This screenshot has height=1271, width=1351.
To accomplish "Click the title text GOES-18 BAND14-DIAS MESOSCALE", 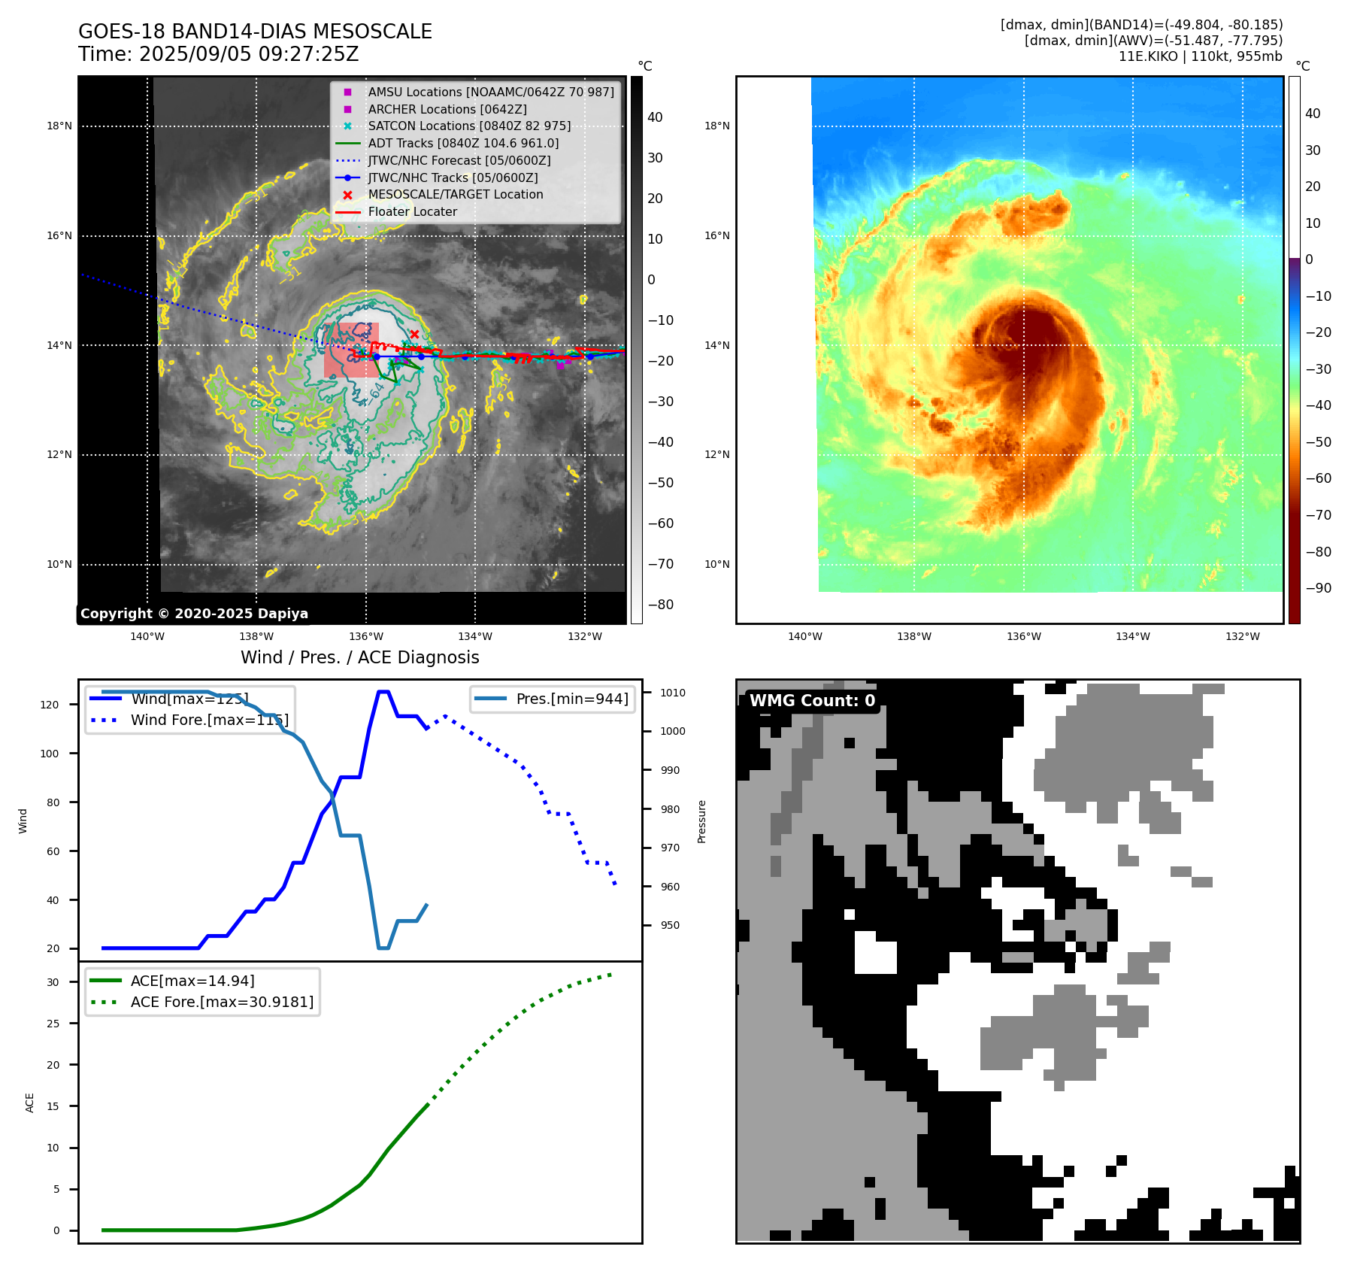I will [x=255, y=32].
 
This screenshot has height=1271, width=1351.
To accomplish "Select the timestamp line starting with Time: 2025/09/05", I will [x=218, y=54].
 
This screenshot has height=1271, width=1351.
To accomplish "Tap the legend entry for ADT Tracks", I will [x=462, y=143].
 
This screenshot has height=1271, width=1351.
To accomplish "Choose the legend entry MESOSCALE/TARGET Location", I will [x=455, y=194].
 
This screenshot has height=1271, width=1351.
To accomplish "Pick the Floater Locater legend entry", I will [x=412, y=211].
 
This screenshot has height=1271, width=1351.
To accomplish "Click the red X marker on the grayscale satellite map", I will [x=414, y=334].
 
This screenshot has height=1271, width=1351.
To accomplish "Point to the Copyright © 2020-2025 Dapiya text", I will [x=194, y=614].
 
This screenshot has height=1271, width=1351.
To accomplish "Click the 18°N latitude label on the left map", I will [x=59, y=126].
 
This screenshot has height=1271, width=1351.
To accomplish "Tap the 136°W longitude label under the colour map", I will [x=1023, y=636].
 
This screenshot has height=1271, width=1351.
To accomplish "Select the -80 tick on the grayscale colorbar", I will [x=661, y=605].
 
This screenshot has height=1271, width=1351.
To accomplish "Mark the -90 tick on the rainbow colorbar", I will [x=1318, y=588].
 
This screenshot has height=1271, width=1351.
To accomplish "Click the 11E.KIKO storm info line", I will [x=1200, y=56].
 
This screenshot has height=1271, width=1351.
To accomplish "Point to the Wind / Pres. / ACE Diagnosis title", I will [x=359, y=657].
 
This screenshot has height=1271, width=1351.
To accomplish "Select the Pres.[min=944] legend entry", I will [x=571, y=699].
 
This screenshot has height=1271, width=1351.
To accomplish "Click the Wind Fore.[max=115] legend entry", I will [x=209, y=720].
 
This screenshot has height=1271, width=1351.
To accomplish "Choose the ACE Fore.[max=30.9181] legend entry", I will [x=222, y=1002].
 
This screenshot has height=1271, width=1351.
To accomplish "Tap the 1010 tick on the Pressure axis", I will [x=673, y=693].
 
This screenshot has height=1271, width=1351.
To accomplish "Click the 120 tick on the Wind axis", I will [x=50, y=705].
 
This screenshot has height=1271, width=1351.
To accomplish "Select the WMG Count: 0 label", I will [x=812, y=701].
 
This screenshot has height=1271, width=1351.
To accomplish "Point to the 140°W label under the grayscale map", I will [x=147, y=636].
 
